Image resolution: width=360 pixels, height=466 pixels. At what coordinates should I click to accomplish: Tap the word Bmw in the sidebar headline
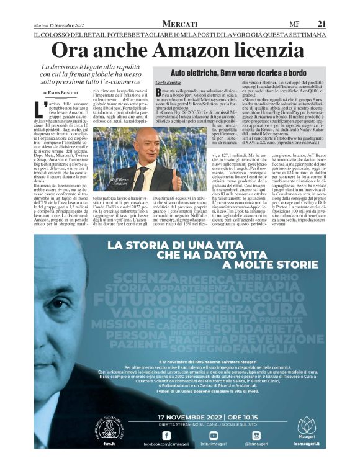pos(240,73)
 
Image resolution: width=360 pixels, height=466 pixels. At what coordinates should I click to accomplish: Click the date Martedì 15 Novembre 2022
pos(57,24)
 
